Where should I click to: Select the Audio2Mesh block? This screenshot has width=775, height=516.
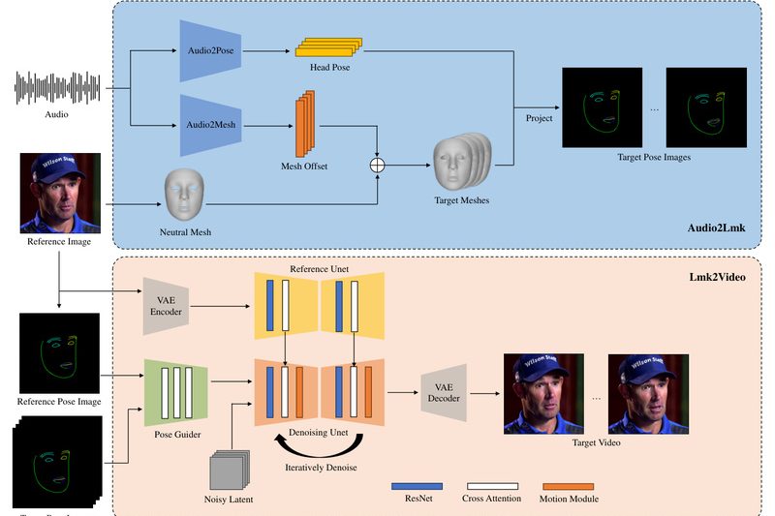coord(209,124)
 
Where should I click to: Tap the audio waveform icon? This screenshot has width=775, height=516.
coord(57,88)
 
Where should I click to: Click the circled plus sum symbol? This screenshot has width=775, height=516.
coord(378,166)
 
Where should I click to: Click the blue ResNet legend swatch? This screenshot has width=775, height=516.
coord(418,485)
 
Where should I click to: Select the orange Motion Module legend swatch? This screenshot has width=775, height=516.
coord(569,485)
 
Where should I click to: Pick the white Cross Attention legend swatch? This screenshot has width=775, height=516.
coord(493,485)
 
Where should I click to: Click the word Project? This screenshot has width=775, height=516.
coord(540,118)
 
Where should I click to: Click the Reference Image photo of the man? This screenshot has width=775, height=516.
coord(60,193)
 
